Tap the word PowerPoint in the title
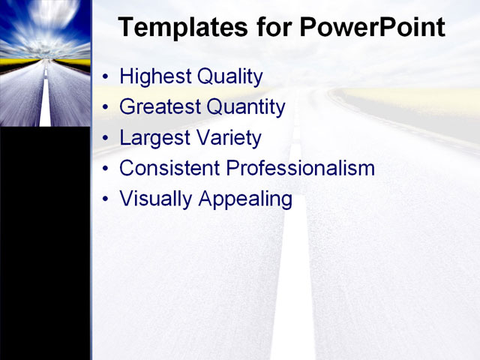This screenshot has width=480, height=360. coord(372,28)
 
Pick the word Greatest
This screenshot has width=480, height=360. coord(160,107)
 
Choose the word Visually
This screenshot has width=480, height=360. coord(156,199)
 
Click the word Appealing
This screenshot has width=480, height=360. coord(245,200)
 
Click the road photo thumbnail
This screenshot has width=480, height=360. coord(45,63)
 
